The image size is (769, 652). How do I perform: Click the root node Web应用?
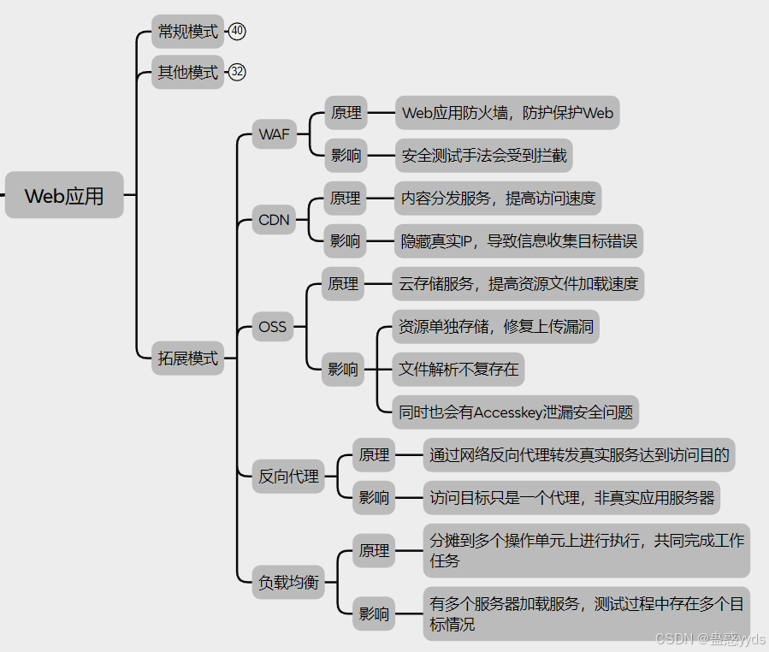pos(64,196)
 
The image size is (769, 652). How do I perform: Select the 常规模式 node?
pos(187,32)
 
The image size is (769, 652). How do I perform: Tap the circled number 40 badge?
pos(237,32)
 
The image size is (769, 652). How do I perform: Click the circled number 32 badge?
pos(237,73)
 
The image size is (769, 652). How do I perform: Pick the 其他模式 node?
pos(187,73)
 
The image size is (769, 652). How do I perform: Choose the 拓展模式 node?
pos(187,359)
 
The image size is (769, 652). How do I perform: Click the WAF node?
pos(274,134)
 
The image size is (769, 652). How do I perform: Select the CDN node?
pos(274,220)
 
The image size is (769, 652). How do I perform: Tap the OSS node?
pos(273,327)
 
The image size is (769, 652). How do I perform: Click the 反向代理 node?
pos(288,477)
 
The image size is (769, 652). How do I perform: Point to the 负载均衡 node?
pos(288,584)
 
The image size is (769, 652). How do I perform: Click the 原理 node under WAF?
pos(346,113)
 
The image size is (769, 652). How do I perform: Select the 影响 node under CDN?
pos(345,241)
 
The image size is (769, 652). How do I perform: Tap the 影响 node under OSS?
pos(343,370)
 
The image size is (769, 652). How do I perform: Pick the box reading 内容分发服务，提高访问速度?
pos(498,199)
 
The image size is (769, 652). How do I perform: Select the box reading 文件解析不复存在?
pos(458,370)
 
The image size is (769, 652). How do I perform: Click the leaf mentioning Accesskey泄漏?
pos(516,412)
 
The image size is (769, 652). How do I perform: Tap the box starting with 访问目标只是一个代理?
pos(571,497)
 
